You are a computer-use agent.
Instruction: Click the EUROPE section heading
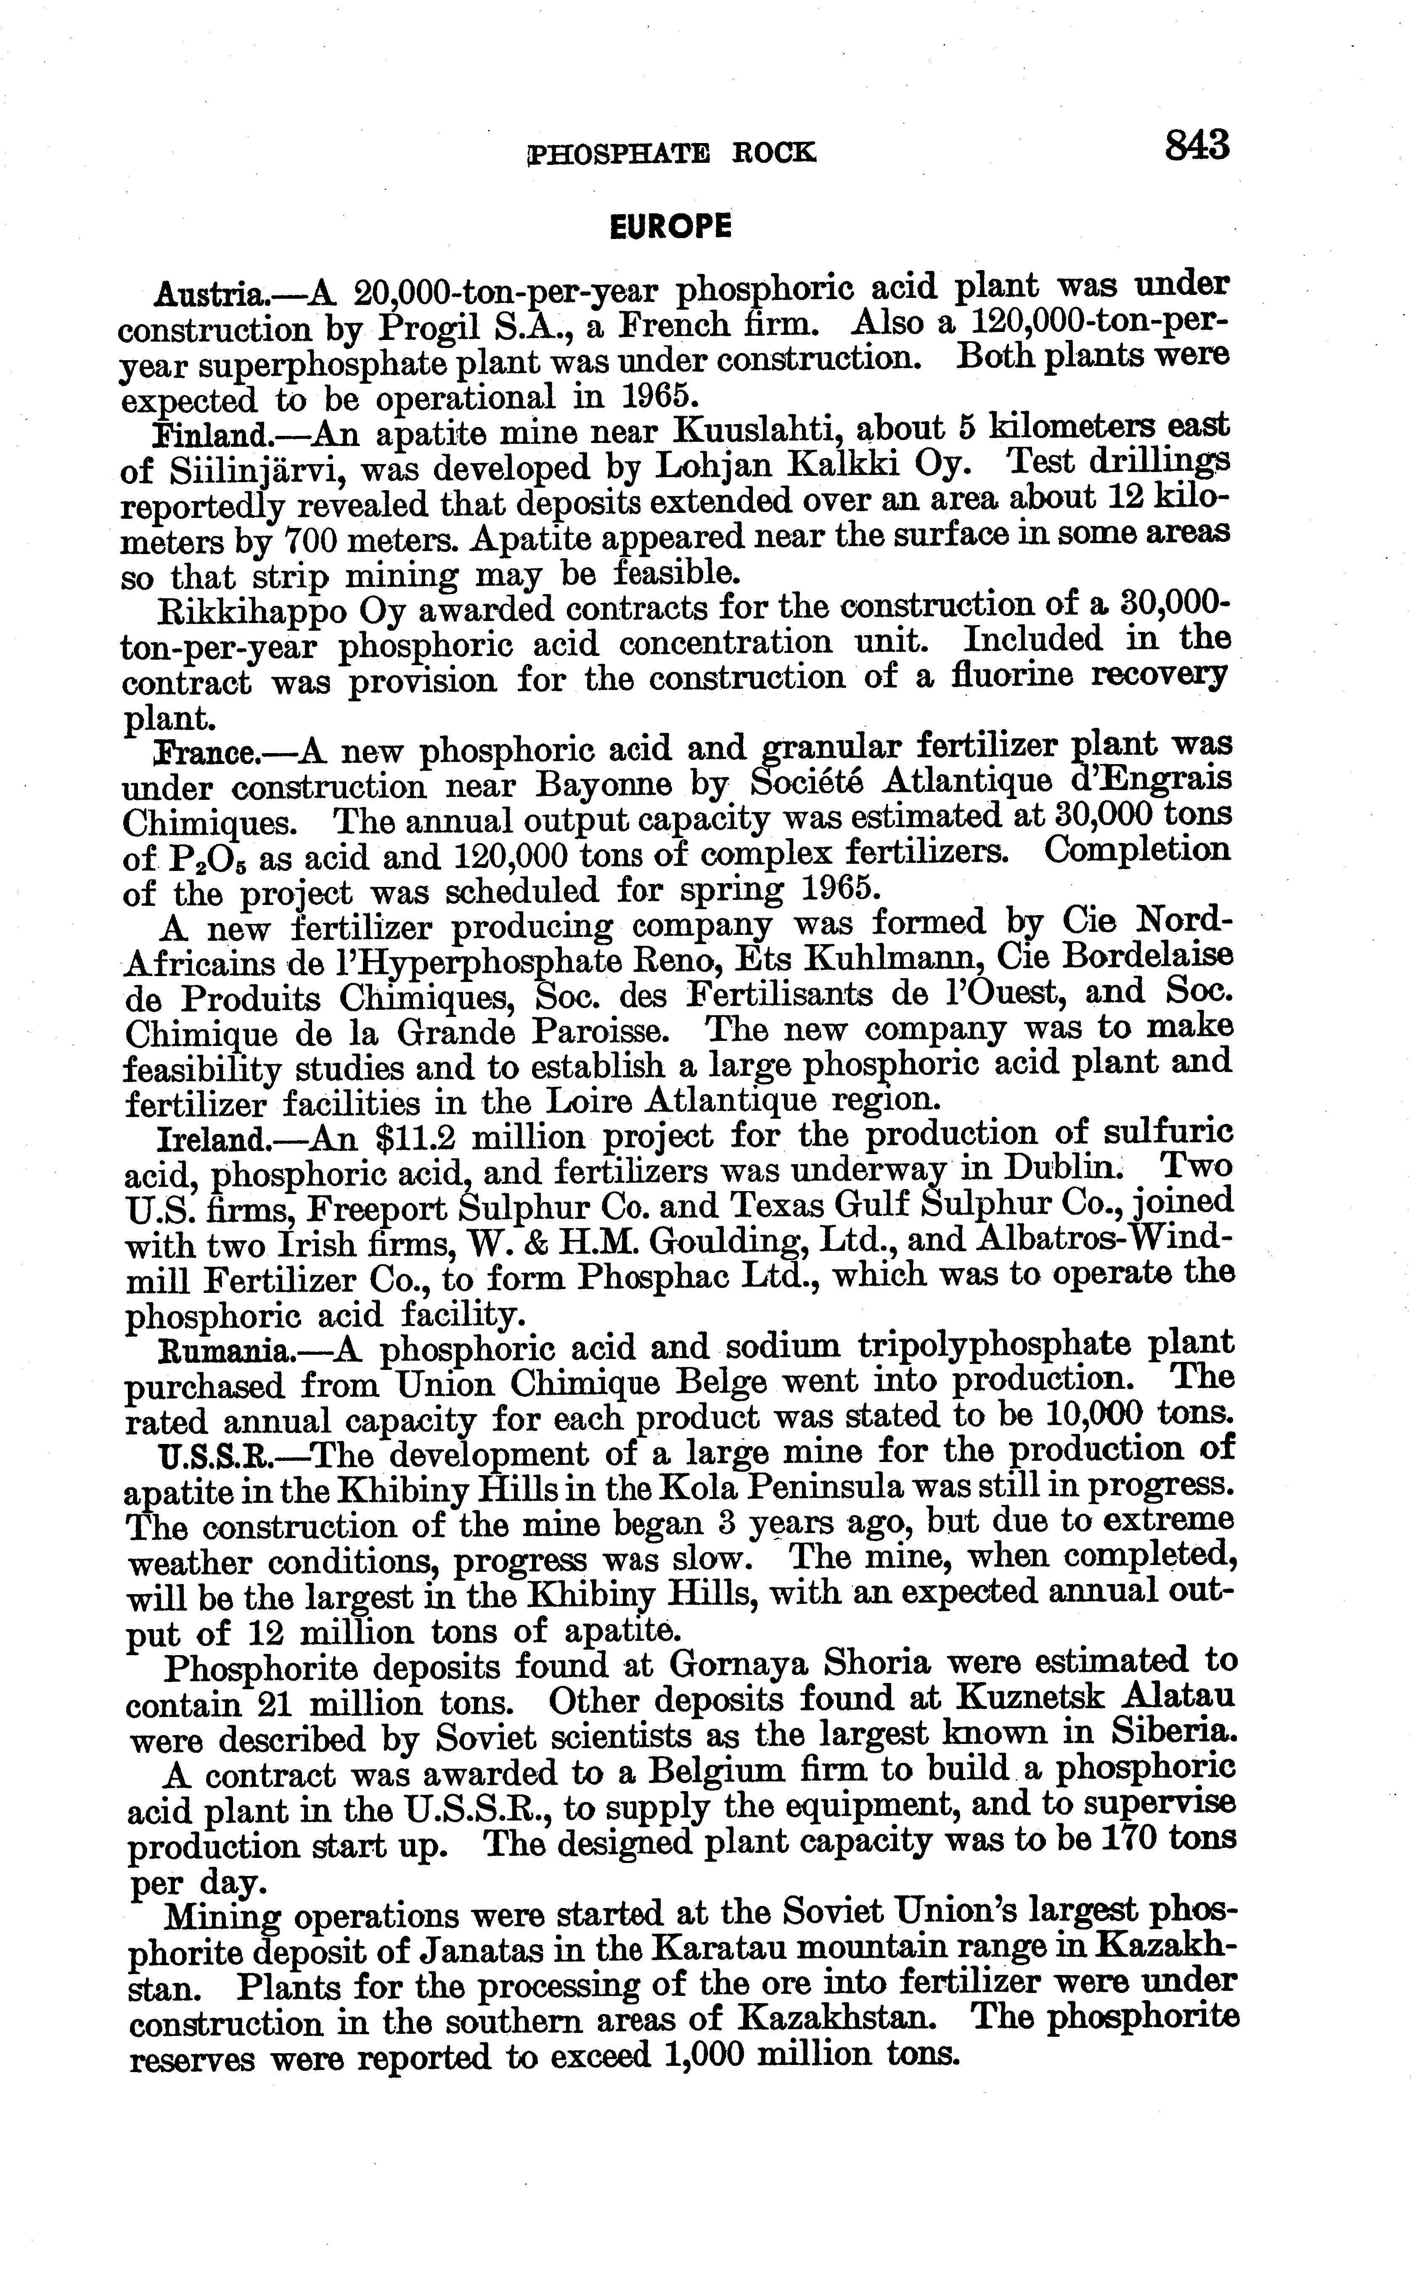pos(670,227)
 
